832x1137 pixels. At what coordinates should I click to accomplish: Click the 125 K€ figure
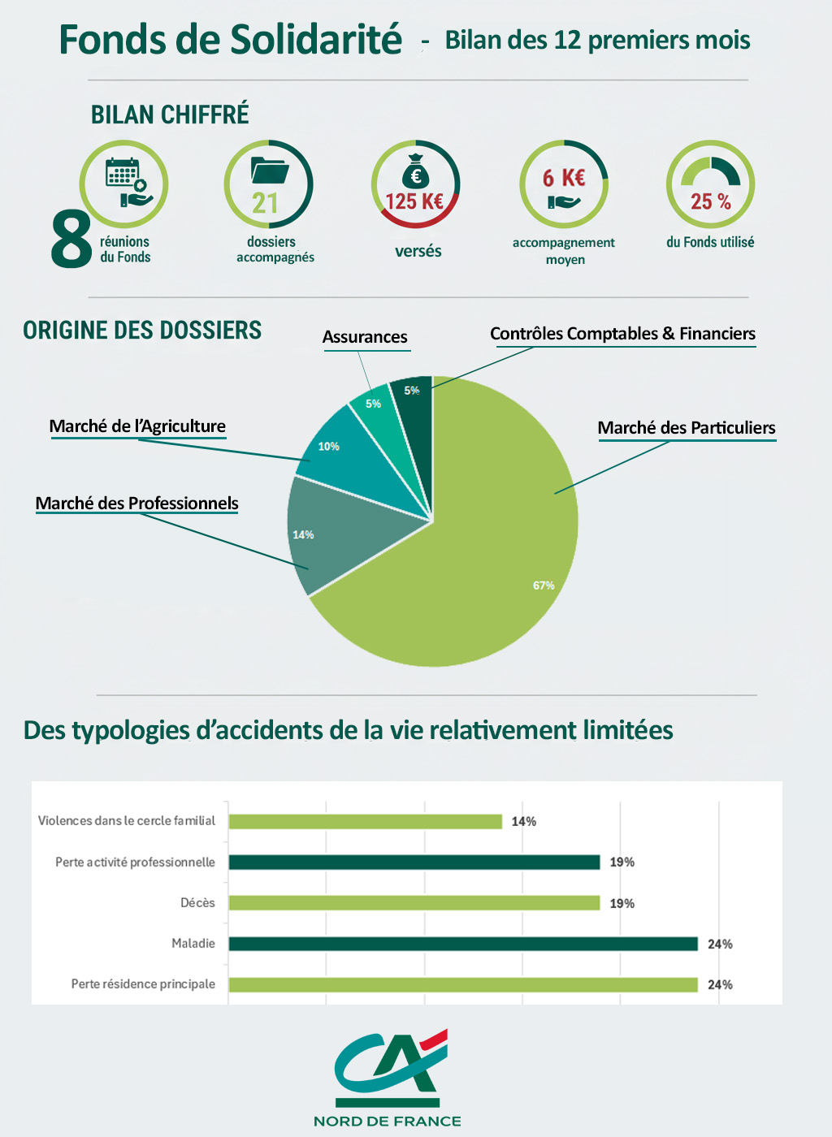[x=414, y=201]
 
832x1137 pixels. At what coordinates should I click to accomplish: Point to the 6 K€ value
[x=564, y=178]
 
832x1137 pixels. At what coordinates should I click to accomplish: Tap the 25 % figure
[x=710, y=201]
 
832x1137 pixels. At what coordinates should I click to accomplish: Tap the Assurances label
[x=365, y=337]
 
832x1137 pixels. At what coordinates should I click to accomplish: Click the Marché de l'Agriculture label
[x=137, y=426]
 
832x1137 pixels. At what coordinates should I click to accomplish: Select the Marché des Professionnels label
[x=136, y=504]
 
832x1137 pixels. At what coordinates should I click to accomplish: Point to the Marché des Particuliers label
[x=687, y=428]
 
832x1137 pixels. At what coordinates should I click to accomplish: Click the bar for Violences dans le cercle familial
[x=365, y=821]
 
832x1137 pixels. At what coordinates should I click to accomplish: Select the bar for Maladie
[x=463, y=944]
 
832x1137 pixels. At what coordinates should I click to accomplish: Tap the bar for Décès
[x=414, y=903]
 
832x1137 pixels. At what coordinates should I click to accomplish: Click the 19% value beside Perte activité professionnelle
[x=622, y=862]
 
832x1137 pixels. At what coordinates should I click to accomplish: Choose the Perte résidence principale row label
[x=143, y=984]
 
